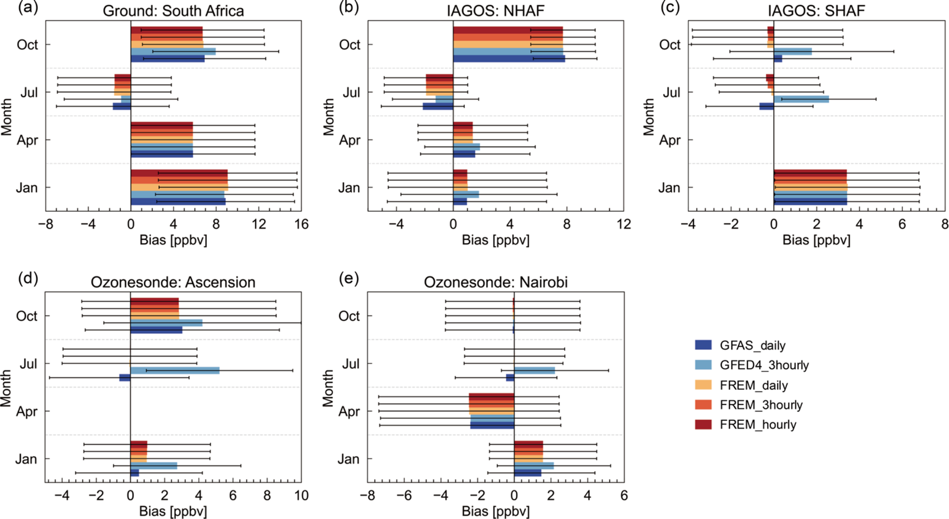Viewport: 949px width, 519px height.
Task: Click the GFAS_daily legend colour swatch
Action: click(703, 345)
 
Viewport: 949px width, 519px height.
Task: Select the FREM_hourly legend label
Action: click(758, 424)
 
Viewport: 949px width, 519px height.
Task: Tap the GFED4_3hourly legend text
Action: click(764, 365)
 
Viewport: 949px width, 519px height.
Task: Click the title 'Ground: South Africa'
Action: click(173, 11)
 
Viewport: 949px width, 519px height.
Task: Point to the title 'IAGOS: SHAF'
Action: click(816, 11)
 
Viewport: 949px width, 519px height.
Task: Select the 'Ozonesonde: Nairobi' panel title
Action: click(495, 282)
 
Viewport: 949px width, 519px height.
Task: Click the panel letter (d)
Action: click(28, 279)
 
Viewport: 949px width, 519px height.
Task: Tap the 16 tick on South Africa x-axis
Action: click(301, 224)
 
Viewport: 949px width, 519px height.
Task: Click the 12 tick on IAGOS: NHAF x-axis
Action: click(623, 224)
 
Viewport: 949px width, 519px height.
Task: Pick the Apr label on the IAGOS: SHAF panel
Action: click(669, 140)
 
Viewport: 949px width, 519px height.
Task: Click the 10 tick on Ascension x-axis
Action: click(301, 496)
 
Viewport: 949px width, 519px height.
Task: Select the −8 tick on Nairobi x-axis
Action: click(367, 496)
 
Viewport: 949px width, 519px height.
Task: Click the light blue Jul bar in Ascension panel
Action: click(175, 371)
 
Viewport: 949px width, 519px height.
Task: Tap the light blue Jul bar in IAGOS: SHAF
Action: click(801, 99)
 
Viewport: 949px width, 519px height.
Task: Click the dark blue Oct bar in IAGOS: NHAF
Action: click(509, 59)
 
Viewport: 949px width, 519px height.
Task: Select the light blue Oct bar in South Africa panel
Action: click(173, 51)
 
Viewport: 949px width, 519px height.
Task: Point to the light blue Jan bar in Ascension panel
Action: click(154, 466)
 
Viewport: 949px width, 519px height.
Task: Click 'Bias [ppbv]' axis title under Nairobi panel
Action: click(495, 511)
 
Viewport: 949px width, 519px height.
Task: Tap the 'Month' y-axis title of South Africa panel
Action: click(6, 117)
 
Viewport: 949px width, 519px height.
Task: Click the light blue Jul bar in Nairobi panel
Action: click(534, 371)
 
